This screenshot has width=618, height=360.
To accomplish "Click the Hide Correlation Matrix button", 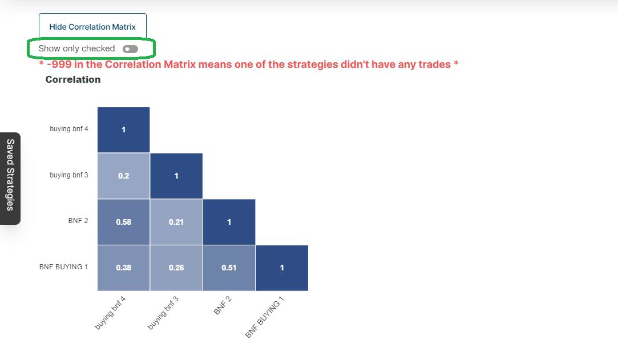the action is [x=92, y=26].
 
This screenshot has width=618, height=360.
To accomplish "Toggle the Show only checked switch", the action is [x=130, y=49].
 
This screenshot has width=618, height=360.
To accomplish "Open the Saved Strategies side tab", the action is [x=10, y=179].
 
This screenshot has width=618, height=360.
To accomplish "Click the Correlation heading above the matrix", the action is [x=73, y=79].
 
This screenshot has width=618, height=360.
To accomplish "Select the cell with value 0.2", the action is [x=123, y=176].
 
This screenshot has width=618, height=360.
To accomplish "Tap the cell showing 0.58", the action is [x=123, y=222].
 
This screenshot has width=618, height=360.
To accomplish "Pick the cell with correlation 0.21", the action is [x=176, y=222].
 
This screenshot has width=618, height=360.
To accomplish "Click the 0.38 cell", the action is [x=123, y=268].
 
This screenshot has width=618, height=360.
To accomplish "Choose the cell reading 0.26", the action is [x=176, y=268].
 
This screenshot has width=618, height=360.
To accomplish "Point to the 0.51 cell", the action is [x=229, y=268].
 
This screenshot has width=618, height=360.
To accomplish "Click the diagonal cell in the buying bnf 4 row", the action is [x=123, y=130].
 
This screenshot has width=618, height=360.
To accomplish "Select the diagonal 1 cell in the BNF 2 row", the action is [x=229, y=222].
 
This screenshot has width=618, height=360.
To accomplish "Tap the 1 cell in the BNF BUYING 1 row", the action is [x=282, y=268].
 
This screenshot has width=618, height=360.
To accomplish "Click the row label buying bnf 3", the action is [x=69, y=175].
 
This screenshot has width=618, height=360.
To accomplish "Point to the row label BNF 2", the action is [x=78, y=221].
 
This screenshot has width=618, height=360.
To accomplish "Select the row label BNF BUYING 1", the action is [x=63, y=266].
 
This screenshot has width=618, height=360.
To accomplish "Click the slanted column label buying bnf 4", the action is [x=110, y=313].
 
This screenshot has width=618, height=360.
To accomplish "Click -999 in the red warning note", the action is [x=59, y=64].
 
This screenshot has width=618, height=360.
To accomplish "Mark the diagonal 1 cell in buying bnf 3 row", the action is [x=176, y=176].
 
